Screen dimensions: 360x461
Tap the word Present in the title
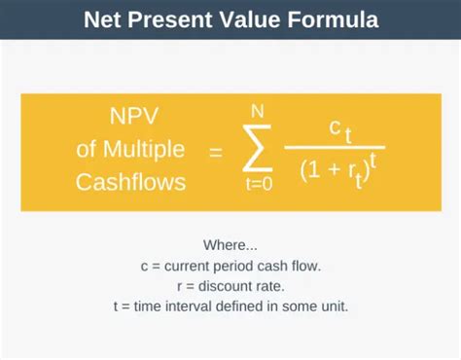click(173, 19)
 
